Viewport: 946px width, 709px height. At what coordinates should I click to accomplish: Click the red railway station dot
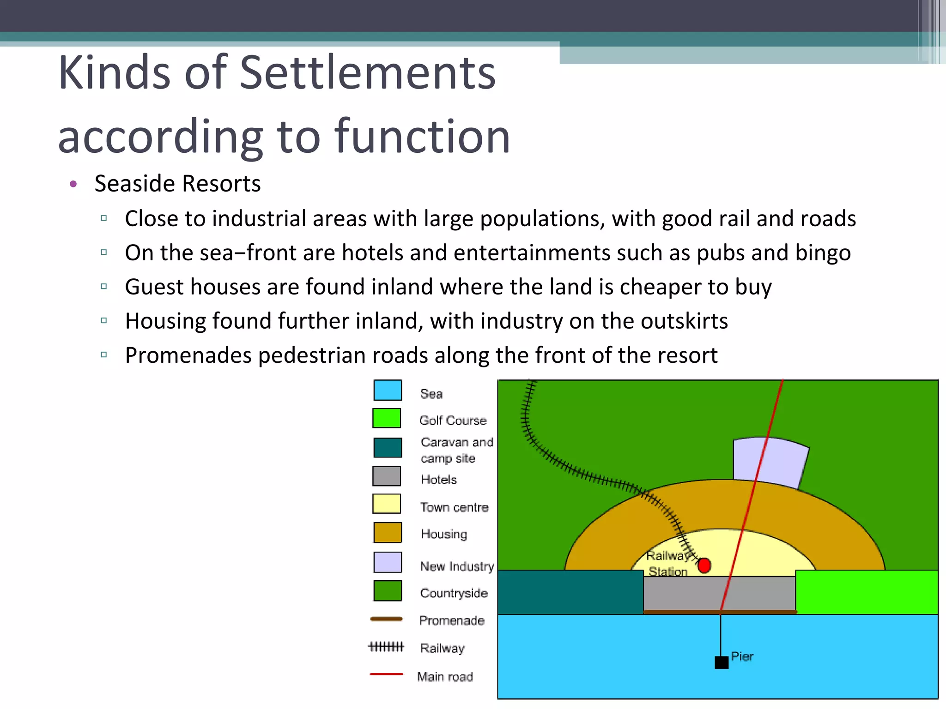(704, 565)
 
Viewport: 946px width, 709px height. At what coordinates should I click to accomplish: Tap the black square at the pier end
(722, 662)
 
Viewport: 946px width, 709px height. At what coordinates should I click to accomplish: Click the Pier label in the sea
(742, 656)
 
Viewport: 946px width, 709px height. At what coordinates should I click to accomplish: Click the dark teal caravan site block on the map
(570, 592)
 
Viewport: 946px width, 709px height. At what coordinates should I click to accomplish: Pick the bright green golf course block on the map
(867, 592)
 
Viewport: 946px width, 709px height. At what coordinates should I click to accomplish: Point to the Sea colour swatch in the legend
(388, 390)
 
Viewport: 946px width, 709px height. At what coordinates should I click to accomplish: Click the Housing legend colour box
(388, 533)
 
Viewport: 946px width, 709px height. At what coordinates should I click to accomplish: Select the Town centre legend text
(454, 507)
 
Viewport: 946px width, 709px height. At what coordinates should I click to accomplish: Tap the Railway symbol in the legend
(386, 647)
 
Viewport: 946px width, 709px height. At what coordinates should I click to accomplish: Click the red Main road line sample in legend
(387, 674)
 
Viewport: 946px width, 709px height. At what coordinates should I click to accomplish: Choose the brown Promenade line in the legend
(387, 619)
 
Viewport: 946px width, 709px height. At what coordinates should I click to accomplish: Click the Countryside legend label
(454, 593)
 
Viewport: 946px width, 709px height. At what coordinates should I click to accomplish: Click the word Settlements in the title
(368, 73)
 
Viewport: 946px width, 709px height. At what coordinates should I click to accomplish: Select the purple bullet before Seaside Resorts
(73, 184)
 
